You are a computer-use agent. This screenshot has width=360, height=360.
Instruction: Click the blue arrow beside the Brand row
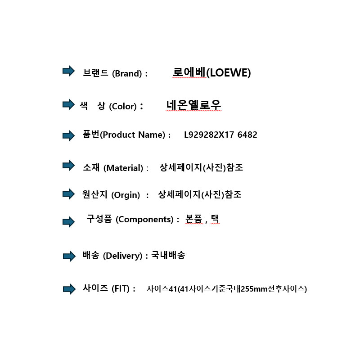[69, 71]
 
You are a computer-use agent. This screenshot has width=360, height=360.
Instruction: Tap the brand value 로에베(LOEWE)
[211, 72]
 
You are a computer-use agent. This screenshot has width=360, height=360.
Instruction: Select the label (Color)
[123, 107]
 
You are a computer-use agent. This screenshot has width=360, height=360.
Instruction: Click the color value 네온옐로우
[193, 105]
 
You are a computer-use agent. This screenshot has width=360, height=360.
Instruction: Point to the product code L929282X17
[209, 135]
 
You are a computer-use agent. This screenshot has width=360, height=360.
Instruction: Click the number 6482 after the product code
[247, 135]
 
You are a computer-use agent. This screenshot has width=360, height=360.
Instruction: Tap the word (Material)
[123, 168]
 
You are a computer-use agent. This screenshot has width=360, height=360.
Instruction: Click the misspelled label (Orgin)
[126, 195]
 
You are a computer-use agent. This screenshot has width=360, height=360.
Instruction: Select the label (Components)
[144, 220]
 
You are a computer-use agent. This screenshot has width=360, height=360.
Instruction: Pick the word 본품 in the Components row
[193, 219]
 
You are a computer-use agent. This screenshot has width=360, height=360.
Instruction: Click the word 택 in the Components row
[215, 219]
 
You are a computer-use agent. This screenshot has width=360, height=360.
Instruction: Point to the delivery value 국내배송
[168, 255]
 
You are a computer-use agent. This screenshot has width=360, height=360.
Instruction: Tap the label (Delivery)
[122, 256]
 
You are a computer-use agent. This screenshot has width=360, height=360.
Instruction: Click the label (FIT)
[121, 288]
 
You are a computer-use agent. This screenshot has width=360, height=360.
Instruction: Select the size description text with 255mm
[227, 288]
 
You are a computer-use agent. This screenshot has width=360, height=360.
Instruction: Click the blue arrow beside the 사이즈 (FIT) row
[69, 289]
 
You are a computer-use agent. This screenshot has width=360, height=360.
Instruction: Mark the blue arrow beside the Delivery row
[69, 256]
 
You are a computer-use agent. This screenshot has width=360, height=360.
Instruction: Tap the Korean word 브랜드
[95, 73]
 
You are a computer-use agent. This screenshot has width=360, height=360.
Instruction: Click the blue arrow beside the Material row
[69, 165]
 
